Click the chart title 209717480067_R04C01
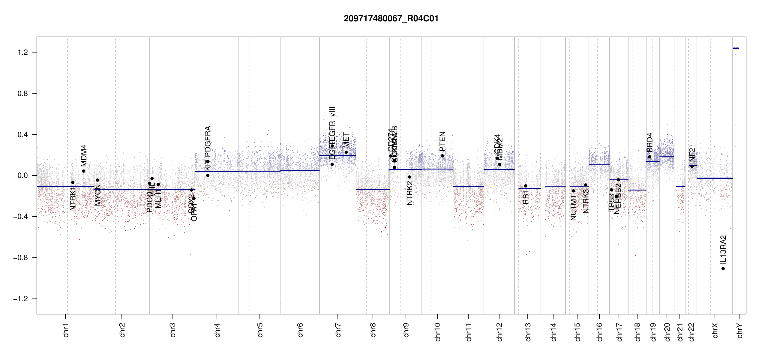(391, 19)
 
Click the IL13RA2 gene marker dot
(723, 268)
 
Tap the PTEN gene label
(442, 141)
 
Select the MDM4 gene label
(84, 155)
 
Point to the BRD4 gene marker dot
(649, 157)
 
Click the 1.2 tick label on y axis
(22, 52)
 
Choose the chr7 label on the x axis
(338, 330)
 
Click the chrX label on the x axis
(715, 330)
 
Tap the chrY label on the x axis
(740, 330)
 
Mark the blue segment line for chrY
(736, 49)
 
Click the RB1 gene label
(526, 197)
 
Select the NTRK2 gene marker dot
(409, 177)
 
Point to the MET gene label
(346, 140)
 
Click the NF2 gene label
(692, 154)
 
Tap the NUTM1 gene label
(574, 208)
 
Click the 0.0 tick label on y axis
(22, 175)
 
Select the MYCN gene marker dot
(97, 180)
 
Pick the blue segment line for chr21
(681, 187)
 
